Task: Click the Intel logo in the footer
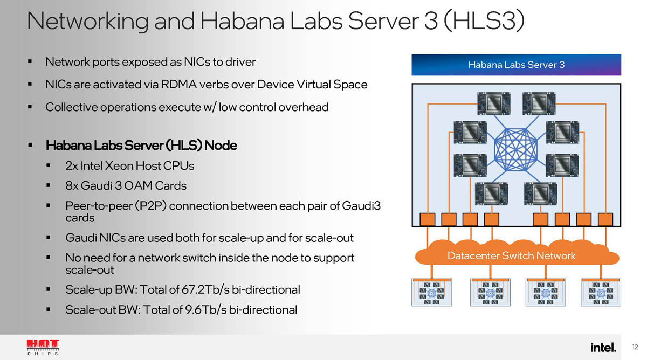coord(603,347)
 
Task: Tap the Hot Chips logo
coord(43,347)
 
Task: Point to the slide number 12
coord(635,347)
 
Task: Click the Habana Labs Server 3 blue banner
coord(516,65)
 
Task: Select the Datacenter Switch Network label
coord(512,255)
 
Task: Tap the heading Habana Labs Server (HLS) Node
coord(141,146)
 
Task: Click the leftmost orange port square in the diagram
coord(427,219)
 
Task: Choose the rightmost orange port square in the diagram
coord(605,219)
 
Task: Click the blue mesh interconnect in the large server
coord(516,149)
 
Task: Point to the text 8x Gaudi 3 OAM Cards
coord(126,186)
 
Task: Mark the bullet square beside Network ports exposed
coord(30,62)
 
